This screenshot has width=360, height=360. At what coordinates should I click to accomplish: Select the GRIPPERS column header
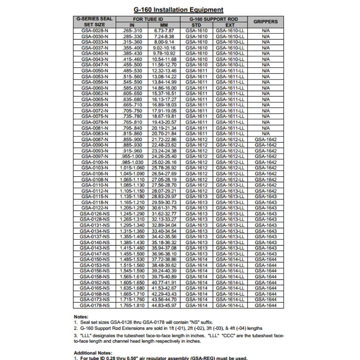point(266,22)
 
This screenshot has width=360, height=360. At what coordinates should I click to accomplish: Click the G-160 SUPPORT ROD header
point(213,19)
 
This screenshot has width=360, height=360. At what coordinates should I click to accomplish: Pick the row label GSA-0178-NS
point(95,305)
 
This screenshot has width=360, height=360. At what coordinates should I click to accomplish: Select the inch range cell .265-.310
point(132,31)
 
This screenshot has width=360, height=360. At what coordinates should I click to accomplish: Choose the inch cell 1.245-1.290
point(132,214)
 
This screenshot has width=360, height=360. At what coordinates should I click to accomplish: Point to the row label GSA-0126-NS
point(95,214)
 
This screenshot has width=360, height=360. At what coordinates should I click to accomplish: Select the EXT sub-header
point(230,25)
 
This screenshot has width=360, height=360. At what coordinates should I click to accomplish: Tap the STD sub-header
point(197,25)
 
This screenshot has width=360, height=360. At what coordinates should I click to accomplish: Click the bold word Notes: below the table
point(81,317)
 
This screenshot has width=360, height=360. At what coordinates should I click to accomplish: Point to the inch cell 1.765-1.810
point(132,305)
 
